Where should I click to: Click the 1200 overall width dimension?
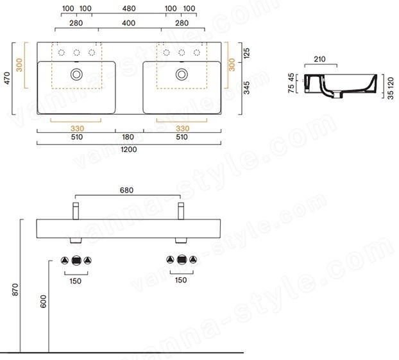click(129, 150)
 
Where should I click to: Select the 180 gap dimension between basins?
click(128, 137)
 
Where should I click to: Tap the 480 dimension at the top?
click(129, 8)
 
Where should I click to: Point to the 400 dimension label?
click(128, 23)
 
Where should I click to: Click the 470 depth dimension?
click(7, 78)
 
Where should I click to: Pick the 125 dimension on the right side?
click(246, 53)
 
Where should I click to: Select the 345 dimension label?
click(246, 88)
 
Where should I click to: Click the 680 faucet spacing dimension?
click(126, 190)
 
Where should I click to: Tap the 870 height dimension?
click(15, 289)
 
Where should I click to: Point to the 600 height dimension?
click(43, 302)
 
